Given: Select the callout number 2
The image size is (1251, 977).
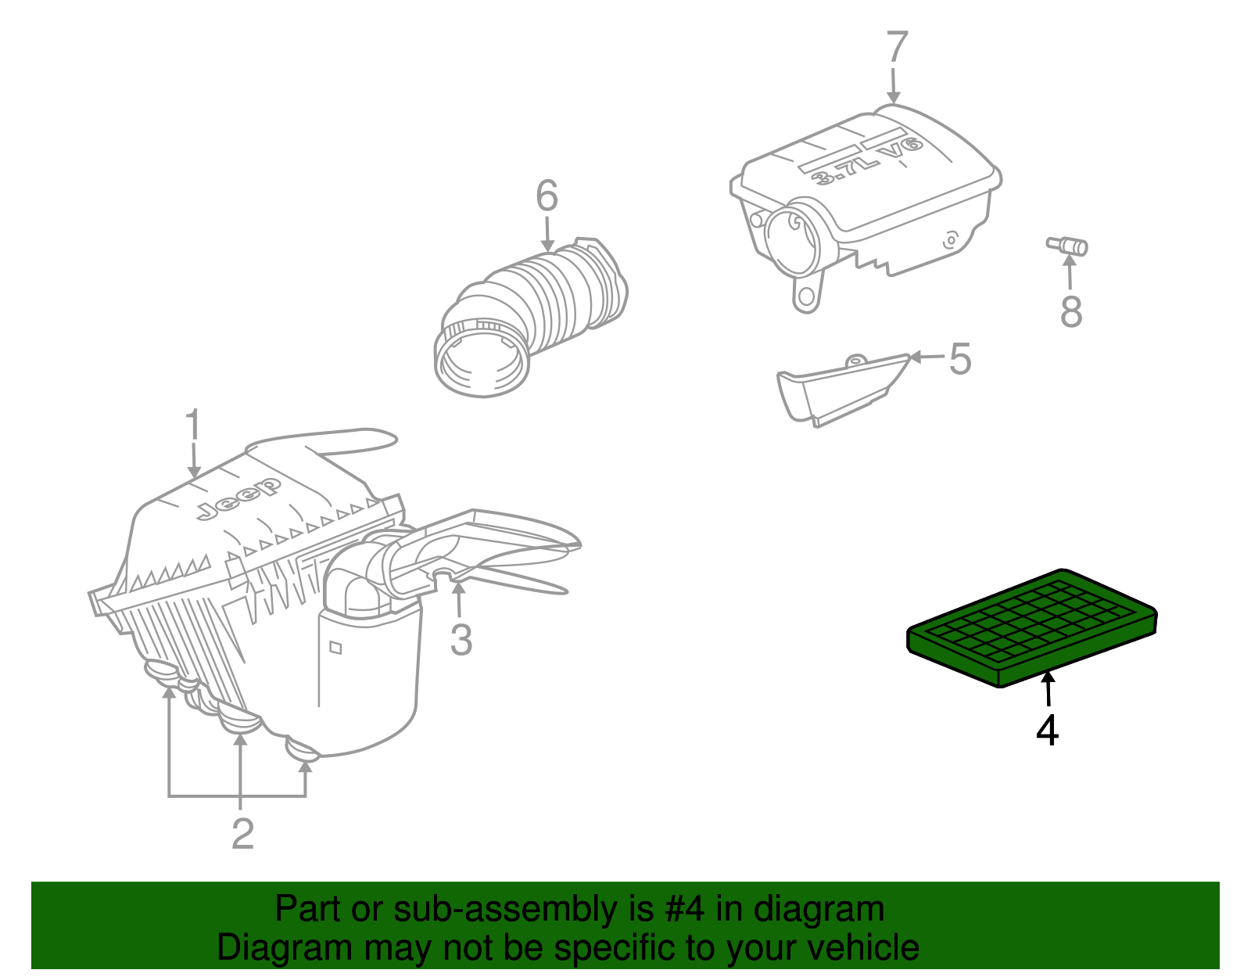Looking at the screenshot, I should [242, 834].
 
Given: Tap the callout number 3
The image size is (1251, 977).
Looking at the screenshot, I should [461, 640].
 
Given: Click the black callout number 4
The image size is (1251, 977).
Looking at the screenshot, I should [1048, 731].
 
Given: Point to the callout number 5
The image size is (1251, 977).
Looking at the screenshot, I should [959, 359].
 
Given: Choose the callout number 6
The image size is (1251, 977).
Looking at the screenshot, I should [547, 196].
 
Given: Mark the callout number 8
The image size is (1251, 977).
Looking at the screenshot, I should [1071, 311].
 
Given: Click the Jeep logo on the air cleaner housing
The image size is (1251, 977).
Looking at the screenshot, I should [238, 499].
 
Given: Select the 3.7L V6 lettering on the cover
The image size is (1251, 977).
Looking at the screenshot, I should [868, 161].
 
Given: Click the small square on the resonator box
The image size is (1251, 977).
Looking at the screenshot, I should [335, 647].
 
